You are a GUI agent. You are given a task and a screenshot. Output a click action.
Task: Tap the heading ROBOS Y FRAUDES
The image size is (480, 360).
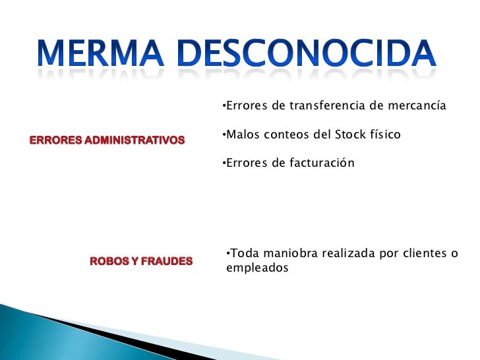(x=141, y=261)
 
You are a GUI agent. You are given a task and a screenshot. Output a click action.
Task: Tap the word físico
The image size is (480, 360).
(x=386, y=135)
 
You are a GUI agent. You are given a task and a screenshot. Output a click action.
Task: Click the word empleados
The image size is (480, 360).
(x=257, y=268)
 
